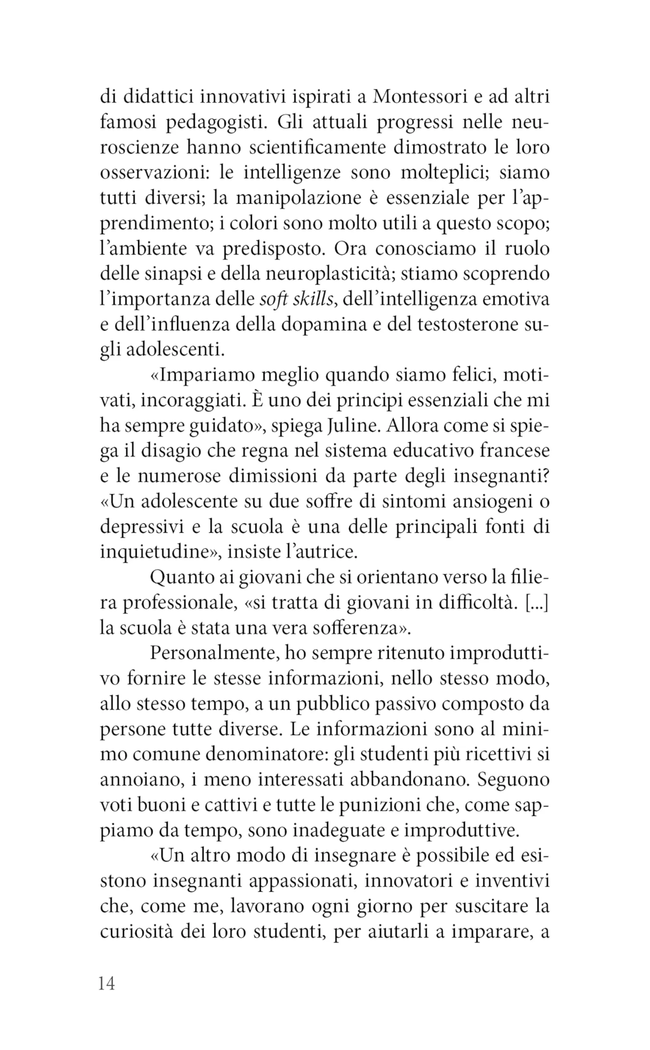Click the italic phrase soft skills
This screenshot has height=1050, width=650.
296,299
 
